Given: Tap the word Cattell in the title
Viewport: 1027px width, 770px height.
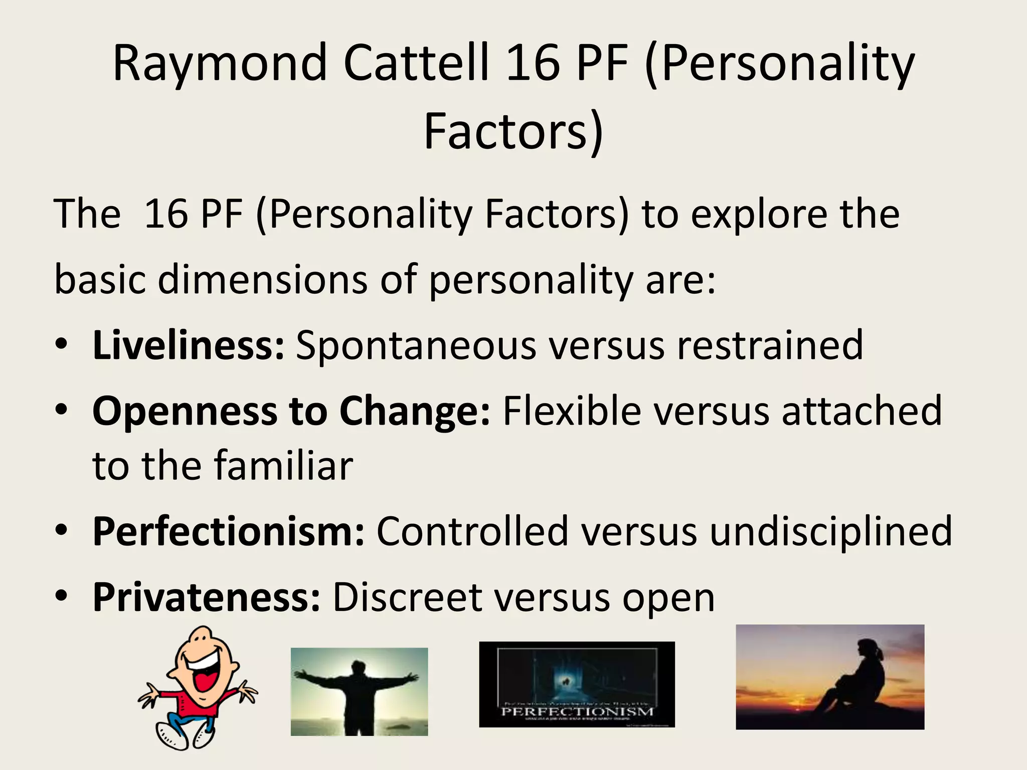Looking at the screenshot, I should coord(416,63).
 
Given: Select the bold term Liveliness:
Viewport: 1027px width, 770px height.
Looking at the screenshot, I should coord(189,345).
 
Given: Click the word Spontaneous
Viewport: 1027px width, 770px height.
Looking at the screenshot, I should coord(416,346).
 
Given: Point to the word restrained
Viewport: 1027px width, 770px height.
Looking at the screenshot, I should coord(770,345).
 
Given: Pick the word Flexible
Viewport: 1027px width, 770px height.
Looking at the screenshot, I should coord(572,411).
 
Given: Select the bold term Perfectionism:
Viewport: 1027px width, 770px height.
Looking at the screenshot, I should coord(229,531).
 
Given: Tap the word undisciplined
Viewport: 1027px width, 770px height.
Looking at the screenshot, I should coord(830,531).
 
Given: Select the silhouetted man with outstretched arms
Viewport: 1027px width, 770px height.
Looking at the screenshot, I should coord(359,697).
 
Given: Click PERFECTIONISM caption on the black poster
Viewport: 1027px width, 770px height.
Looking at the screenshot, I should coord(577,711).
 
